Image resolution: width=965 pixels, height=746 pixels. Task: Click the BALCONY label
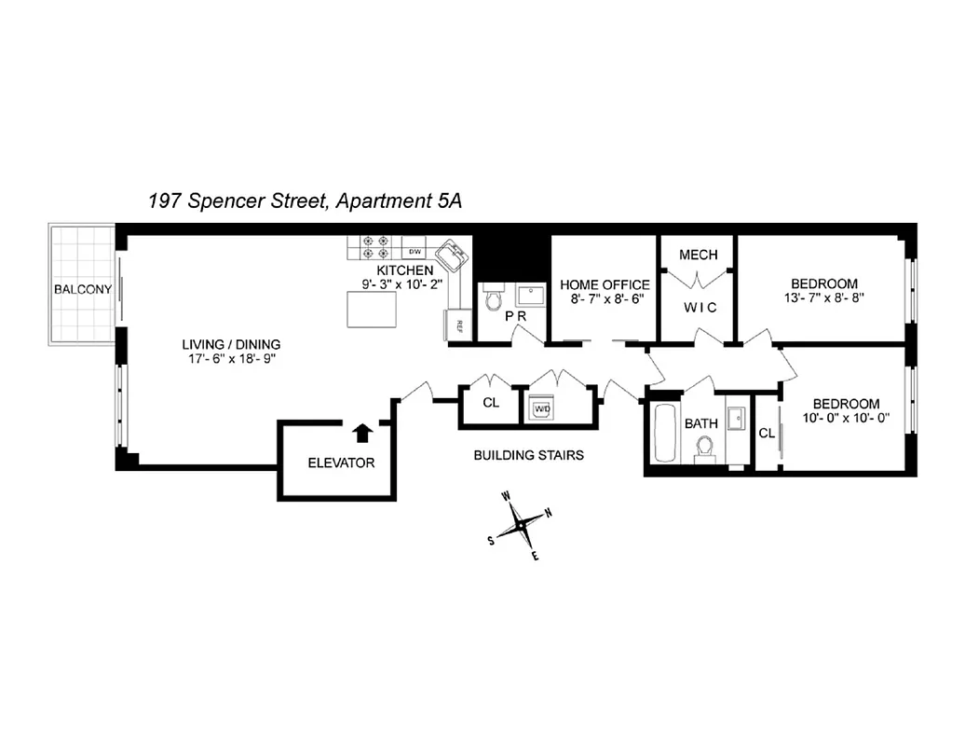[x=82, y=289]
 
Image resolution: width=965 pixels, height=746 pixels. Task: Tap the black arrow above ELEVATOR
[x=362, y=432]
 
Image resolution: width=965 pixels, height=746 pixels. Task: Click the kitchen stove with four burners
[x=374, y=246]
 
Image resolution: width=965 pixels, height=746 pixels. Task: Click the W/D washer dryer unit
[x=541, y=408]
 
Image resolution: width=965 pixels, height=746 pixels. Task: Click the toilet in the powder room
[x=493, y=297]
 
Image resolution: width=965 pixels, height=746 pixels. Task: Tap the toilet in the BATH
[x=704, y=450]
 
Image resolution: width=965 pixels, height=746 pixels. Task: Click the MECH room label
[x=698, y=255]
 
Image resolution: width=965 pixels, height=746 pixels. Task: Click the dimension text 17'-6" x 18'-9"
[x=231, y=358]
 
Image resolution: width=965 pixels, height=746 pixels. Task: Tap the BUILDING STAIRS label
[x=528, y=455]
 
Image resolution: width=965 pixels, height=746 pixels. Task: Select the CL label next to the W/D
[x=490, y=404]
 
